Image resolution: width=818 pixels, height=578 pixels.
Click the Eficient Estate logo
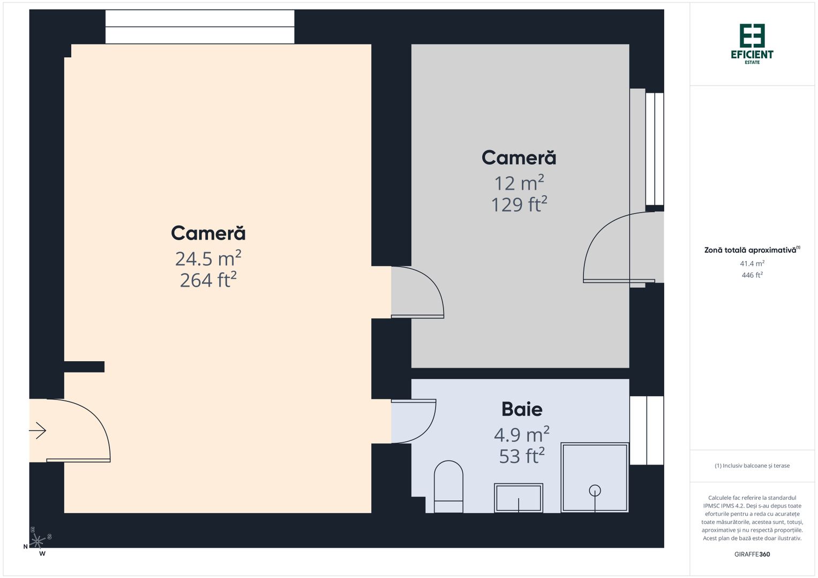tap(752, 43)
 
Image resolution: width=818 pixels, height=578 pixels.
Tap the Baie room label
tap(522, 409)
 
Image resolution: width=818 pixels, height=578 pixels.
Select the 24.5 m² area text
tap(208, 258)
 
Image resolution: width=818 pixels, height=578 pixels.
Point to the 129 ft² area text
tap(519, 204)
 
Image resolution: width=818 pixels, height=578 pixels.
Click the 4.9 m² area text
tap(521, 434)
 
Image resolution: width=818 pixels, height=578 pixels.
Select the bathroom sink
tap(519, 498)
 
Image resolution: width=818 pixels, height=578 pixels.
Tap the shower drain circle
tap(595, 490)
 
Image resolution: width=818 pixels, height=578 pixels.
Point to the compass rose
tap(36, 542)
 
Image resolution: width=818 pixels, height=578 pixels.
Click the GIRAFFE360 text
tap(752, 554)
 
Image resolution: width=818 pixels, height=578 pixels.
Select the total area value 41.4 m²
tap(752, 263)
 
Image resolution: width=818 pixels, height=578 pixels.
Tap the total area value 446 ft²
tap(752, 275)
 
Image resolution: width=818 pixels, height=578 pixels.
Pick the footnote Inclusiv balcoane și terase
tap(752, 466)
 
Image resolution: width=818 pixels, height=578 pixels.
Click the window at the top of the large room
tap(200, 27)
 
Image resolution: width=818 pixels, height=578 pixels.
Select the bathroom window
tap(647, 430)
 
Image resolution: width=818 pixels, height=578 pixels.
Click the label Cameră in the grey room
tap(519, 158)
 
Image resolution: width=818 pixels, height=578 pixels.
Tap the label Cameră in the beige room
tap(208, 233)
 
